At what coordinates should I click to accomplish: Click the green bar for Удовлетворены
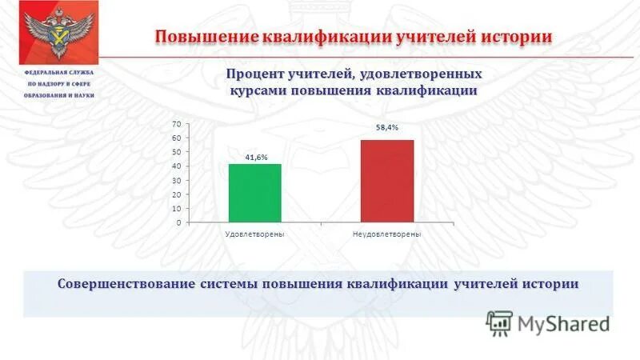pos(255,193)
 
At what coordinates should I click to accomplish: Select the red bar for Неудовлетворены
pos(386,181)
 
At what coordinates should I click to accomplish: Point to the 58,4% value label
pos(387,127)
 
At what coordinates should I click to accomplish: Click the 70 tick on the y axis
pos(175,124)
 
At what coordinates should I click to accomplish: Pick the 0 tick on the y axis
pos(178,222)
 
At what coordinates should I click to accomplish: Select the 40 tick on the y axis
pos(175,166)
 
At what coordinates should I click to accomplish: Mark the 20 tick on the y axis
pos(175,194)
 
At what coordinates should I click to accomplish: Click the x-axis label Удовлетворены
pos(255,233)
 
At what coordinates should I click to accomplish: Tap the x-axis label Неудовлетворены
pos(386,233)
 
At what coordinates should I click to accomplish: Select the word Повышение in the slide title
pos(204,37)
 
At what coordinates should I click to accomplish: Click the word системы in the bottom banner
pos(237,284)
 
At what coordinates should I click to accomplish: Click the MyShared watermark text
pos(563,323)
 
